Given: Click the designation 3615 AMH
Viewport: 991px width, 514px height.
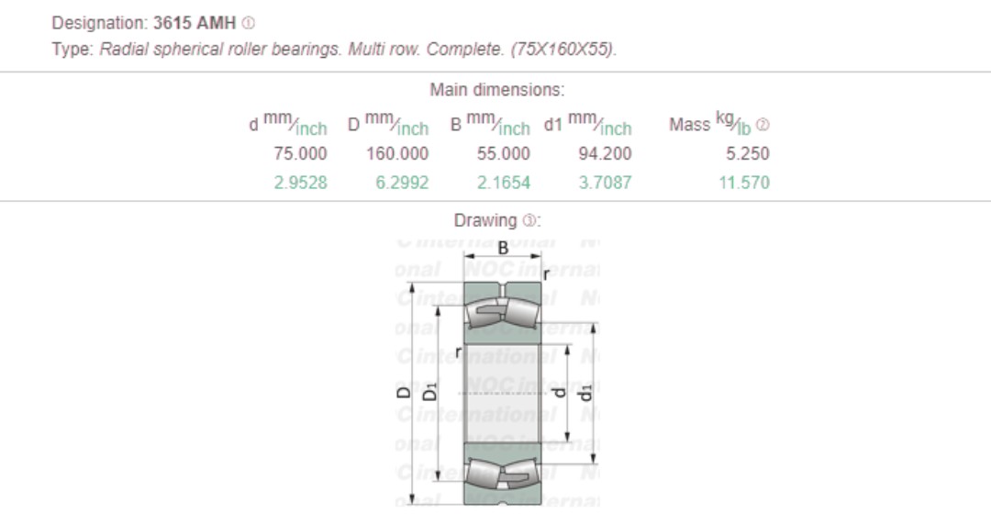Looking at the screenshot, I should tap(194, 23).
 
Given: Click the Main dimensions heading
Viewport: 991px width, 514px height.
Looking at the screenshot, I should tap(496, 90).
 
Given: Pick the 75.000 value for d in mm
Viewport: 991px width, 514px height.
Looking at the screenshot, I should tap(300, 154).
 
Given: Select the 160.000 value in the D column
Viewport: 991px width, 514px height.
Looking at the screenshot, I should tap(397, 154).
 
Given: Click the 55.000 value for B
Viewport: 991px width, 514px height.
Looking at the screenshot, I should tap(503, 154).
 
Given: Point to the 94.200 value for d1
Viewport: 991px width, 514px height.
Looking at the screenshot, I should tap(604, 154).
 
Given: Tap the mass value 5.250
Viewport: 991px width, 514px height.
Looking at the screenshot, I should tap(747, 154).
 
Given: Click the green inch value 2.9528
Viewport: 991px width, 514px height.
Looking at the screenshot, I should tap(300, 183).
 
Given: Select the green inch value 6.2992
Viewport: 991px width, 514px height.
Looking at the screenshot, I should tap(402, 183).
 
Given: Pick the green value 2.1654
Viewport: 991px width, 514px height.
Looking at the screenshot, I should tap(503, 183).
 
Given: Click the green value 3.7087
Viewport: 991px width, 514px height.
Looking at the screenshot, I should tap(605, 183).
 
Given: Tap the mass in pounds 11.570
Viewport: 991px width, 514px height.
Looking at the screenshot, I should tap(743, 183).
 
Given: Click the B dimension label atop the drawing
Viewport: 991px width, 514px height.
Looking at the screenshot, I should tap(503, 247).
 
